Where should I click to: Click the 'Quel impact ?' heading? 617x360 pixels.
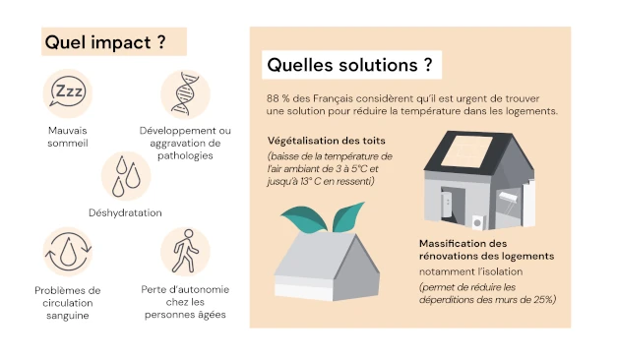104,42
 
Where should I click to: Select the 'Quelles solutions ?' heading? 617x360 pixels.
349,66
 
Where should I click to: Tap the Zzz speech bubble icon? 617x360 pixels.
68,93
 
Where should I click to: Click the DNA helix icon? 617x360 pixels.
184,93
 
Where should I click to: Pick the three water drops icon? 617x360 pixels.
125,175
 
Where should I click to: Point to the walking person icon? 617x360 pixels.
184,252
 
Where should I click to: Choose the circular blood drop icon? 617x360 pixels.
68,253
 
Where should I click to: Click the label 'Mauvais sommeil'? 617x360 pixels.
68,137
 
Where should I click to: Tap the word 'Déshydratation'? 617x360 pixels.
125,212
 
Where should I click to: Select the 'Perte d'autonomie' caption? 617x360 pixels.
184,290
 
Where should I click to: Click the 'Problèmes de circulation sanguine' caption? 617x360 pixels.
68,302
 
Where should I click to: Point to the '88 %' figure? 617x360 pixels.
278,99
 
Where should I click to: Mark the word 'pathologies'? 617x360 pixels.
184,155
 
